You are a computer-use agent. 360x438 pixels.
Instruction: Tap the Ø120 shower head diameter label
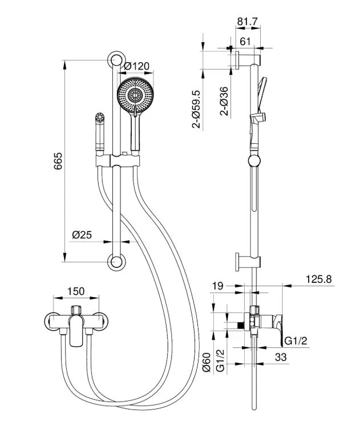pos(137,66)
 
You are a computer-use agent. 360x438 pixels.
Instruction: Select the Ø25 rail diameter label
pos(83,234)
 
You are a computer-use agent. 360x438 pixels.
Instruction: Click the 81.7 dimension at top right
pos(247,22)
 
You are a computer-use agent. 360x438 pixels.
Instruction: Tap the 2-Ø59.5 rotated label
pos(197,108)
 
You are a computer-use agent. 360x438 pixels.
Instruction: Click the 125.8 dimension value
pos(318,279)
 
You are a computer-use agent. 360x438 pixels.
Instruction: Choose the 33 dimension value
pos(281,358)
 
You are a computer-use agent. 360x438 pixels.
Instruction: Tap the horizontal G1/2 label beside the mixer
pos(296,341)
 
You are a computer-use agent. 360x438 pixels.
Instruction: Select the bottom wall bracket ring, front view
pos(116,262)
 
